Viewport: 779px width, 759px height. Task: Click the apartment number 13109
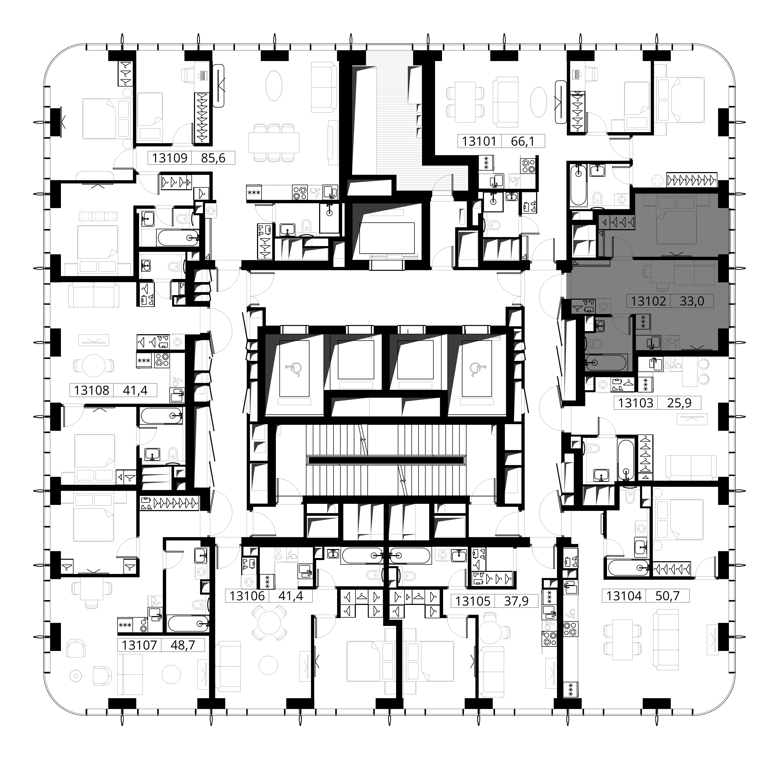pos(170,158)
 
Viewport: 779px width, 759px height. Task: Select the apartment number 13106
pos(247,596)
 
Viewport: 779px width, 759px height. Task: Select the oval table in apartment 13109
pos(274,85)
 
